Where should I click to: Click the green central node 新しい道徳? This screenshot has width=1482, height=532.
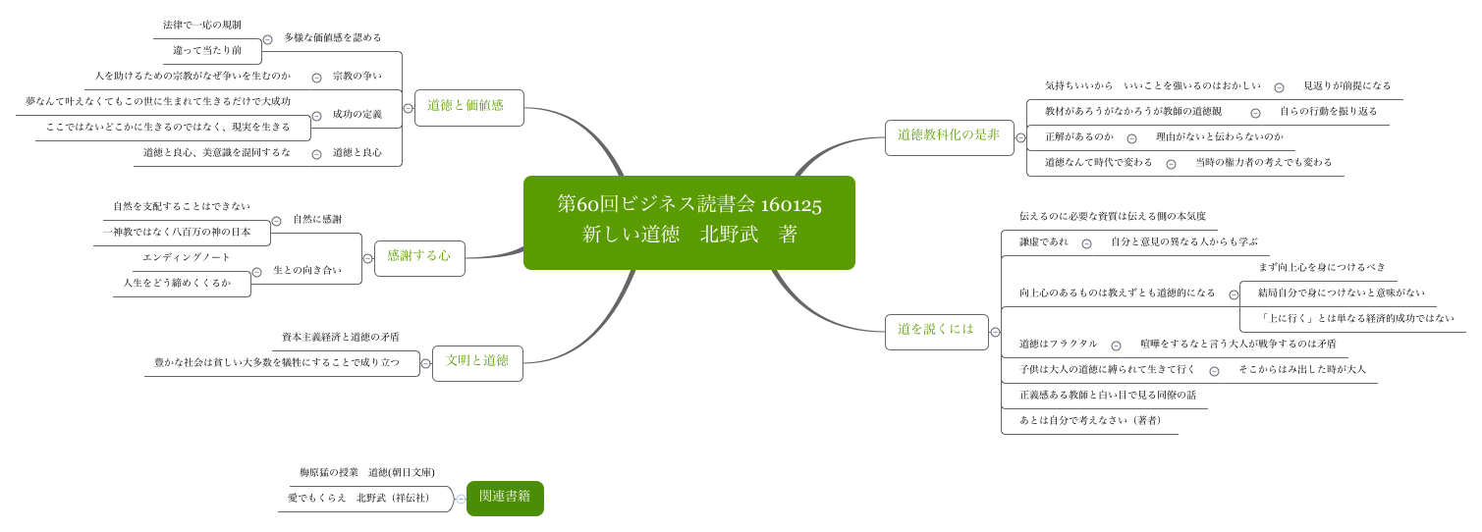point(688,222)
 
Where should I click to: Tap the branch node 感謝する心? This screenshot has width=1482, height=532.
point(419,257)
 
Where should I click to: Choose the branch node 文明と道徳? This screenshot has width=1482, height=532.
point(477,362)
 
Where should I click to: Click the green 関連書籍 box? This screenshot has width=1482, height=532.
point(505,498)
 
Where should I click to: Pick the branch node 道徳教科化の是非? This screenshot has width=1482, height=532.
point(949,136)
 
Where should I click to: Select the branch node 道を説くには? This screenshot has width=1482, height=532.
point(936,331)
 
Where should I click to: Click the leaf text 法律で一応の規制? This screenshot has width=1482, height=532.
point(201,26)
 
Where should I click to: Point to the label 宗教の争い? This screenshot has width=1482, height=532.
point(357,77)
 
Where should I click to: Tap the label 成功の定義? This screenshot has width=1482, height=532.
point(357,115)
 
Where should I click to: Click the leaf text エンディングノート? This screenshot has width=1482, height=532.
point(187,258)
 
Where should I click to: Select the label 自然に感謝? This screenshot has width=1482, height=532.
point(317,220)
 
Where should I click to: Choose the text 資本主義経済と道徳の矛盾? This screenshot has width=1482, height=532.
point(340,338)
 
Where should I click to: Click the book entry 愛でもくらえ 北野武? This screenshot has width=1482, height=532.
point(358,499)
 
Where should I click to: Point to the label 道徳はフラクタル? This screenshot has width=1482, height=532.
point(1058,345)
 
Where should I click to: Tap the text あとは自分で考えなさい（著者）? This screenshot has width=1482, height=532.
point(1089,421)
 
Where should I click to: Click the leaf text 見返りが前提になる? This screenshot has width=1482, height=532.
point(1346,86)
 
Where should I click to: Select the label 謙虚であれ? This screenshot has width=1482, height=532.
point(1043,242)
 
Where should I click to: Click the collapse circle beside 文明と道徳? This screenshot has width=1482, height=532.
point(425,364)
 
